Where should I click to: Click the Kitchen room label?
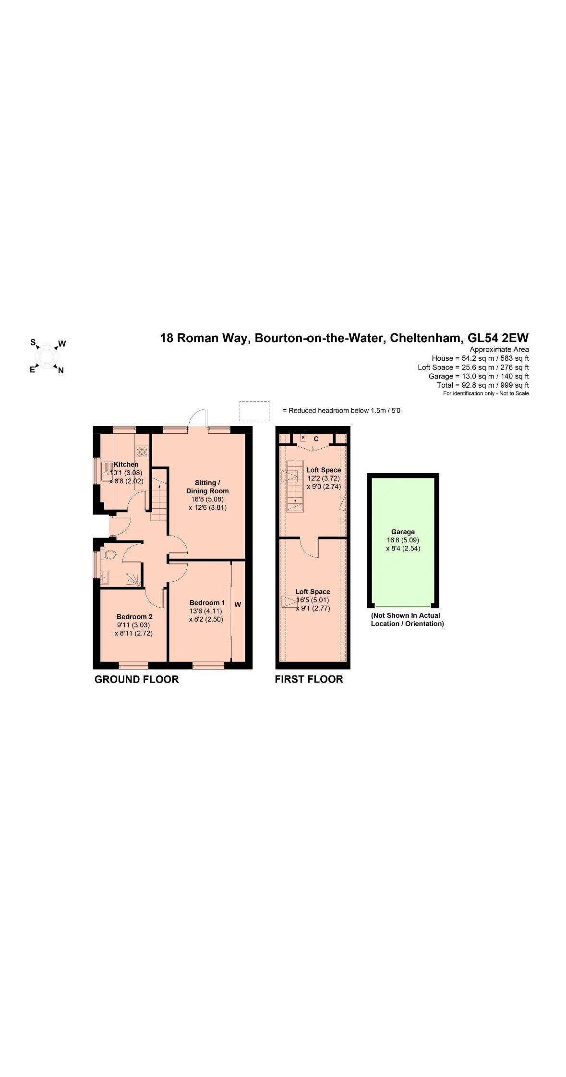click(x=126, y=464)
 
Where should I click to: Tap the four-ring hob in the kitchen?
click(x=143, y=451)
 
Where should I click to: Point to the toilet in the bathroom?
click(x=109, y=555)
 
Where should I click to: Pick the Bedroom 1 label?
click(x=207, y=602)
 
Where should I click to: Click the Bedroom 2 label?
click(x=134, y=616)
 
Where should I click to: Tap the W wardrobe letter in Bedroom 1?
click(x=238, y=605)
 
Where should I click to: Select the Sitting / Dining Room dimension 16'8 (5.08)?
click(x=207, y=499)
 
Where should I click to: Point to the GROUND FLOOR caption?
click(x=136, y=679)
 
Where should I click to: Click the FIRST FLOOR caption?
click(x=309, y=679)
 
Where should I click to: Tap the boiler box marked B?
click(x=303, y=438)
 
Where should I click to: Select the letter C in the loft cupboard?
click(x=316, y=439)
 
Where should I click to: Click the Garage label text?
click(x=403, y=532)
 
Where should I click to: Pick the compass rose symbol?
click(x=47, y=356)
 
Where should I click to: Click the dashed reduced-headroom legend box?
click(x=254, y=411)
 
